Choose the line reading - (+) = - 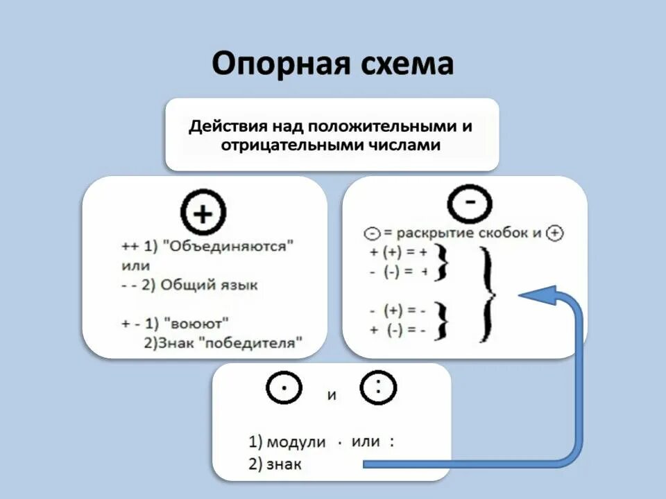(x=398, y=310)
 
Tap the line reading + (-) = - (x=398, y=330)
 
